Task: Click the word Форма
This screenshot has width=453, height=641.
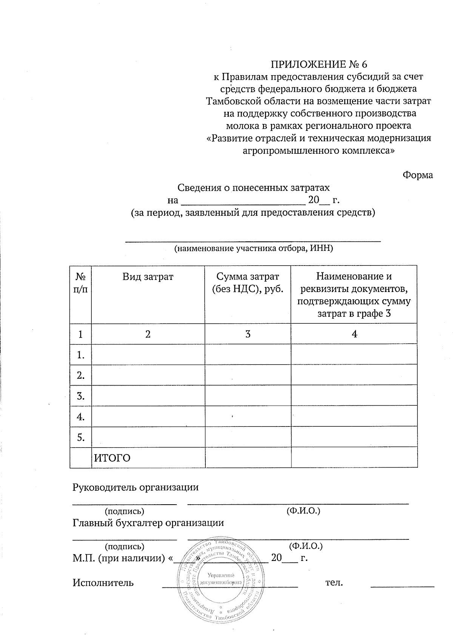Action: pos(418,175)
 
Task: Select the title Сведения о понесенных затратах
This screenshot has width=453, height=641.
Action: pos(254,187)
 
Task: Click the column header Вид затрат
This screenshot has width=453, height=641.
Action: pos(148,276)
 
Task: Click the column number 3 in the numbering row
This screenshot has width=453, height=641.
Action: pos(248,334)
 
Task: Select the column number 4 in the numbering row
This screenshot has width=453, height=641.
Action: pos(354,334)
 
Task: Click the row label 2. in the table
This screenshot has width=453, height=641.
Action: pos(80,375)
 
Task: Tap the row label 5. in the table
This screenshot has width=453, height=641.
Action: pos(80,437)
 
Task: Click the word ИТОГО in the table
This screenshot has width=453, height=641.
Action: pos(112,458)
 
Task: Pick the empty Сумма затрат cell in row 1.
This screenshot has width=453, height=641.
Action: pos(248,354)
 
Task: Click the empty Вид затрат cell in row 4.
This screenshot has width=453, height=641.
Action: pos(148,416)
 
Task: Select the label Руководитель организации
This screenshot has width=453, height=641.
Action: pos(135,487)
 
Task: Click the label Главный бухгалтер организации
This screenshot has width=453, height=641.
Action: pos(148,523)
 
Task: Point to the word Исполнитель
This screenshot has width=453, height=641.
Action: pos(103,582)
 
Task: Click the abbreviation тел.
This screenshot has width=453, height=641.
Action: pos(334,582)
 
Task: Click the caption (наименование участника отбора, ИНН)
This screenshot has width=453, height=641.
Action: pos(253,248)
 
